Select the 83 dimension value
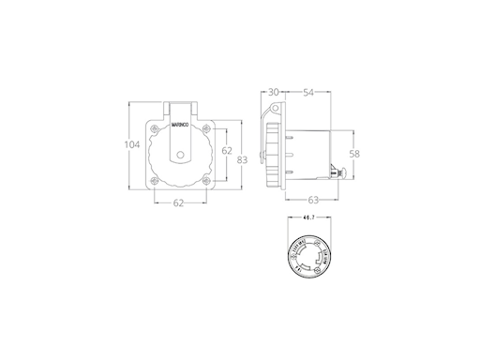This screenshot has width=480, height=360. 242,160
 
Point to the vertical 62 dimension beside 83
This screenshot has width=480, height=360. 227,151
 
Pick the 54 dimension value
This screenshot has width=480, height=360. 308,92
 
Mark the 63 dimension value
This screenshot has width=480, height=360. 311,200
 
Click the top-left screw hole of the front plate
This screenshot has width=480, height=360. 153,127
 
